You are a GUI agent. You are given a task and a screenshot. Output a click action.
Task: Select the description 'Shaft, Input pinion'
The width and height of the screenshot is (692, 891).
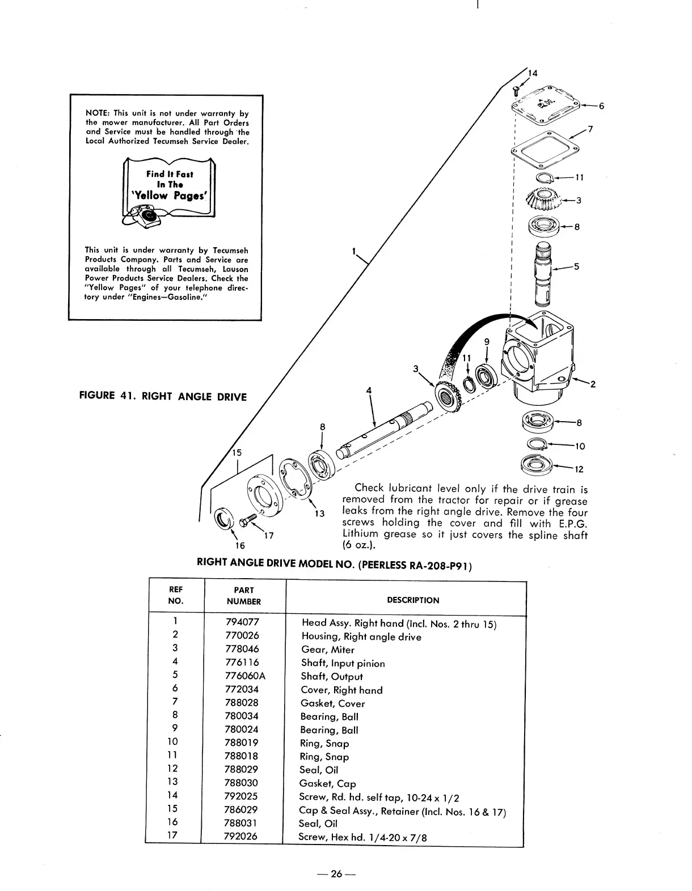[343, 664]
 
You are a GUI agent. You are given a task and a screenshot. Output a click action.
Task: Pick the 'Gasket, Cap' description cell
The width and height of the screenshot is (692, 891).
[328, 784]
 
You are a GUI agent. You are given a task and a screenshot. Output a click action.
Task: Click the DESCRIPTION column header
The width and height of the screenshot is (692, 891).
[412, 600]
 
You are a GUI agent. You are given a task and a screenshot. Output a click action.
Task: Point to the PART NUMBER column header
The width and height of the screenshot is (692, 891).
[244, 596]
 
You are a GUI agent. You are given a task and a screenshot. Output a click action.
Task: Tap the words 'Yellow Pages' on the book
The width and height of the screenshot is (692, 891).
[170, 196]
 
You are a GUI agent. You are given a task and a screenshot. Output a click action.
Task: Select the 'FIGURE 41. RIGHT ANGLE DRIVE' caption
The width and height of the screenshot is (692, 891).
[163, 397]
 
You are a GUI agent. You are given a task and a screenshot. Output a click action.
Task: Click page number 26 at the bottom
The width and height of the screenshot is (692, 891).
[337, 874]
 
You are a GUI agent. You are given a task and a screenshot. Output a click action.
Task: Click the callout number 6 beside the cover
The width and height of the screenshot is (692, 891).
[601, 106]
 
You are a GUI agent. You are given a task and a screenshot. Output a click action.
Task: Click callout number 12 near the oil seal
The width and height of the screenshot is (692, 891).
[579, 469]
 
